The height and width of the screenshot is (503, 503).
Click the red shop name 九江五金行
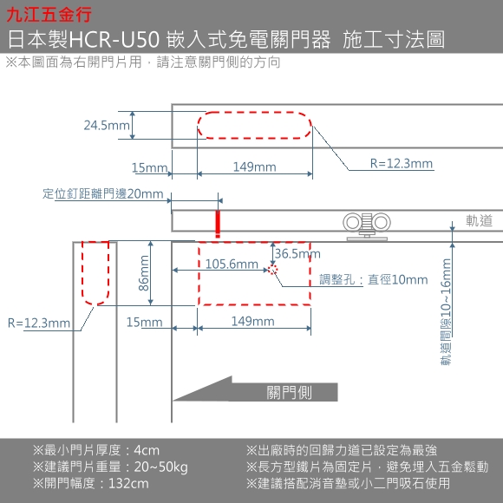coord(49,15)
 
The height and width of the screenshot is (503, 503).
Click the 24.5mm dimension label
coord(107,126)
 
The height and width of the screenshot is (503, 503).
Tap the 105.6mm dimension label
coord(232,264)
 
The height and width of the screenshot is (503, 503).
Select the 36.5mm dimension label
coord(297,254)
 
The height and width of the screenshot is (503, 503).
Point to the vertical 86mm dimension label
coord(144,273)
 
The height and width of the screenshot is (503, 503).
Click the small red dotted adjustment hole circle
coord(272,270)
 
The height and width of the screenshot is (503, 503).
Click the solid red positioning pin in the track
coord(218,224)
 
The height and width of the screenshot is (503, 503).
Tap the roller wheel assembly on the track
coord(367,225)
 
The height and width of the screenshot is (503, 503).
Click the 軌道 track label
coord(479,220)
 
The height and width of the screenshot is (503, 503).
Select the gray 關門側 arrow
coord(256,389)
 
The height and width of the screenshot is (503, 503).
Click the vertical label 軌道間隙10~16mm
coord(447,312)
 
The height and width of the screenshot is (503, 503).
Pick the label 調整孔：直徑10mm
coord(374,280)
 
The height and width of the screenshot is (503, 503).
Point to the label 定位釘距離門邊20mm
coord(103,193)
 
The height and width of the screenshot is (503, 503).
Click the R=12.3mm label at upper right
coord(402,164)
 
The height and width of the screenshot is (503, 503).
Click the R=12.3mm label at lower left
coord(39,323)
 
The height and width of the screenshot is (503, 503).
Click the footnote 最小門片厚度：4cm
coord(96,450)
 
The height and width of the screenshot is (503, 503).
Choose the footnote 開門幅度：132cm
coord(91,483)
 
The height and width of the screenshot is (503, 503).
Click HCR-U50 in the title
coord(114,40)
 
